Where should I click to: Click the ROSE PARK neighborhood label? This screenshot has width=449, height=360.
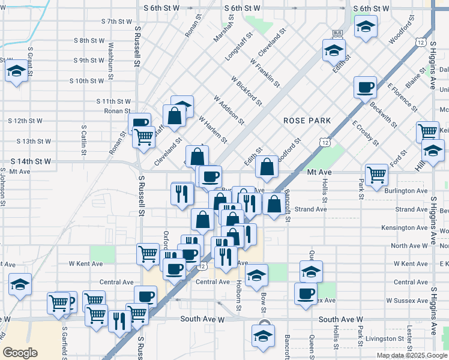point(307,121)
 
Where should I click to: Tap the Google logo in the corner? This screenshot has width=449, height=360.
point(20,353)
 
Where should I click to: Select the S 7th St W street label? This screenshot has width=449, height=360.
point(116,21)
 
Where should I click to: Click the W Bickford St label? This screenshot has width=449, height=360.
point(247,91)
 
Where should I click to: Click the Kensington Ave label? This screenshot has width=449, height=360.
point(404,228)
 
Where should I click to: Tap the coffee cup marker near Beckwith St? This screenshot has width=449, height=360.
point(364,88)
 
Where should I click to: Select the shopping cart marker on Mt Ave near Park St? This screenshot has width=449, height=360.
point(376,175)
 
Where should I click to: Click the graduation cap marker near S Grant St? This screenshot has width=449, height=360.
point(16,71)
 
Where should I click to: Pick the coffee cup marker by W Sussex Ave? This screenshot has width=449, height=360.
point(306,293)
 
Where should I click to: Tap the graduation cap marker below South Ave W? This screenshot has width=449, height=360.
point(263,334)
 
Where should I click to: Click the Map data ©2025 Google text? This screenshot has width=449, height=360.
point(411,355)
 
